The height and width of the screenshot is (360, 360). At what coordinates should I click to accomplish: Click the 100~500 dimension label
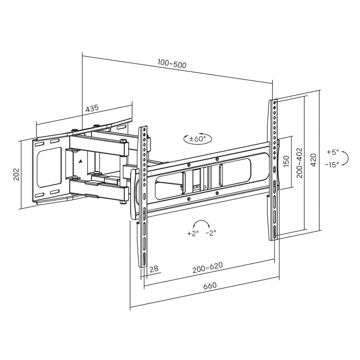tap(172, 64)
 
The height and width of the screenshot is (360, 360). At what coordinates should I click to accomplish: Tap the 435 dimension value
tap(92, 108)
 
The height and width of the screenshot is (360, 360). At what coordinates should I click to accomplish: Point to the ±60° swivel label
tap(197, 139)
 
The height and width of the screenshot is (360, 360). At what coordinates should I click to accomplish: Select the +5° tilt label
tap(333, 152)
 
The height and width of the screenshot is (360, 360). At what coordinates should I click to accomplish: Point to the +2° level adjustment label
tap(192, 234)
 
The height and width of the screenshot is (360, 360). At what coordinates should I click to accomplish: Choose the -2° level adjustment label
tap(211, 234)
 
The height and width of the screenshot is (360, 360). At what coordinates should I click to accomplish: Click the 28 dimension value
tap(154, 269)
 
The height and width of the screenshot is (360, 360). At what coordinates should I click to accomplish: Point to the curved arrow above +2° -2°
tap(202, 224)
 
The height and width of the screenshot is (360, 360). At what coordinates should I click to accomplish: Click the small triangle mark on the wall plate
tap(80, 161)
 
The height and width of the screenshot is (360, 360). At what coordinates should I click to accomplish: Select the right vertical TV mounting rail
tap(274, 171)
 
